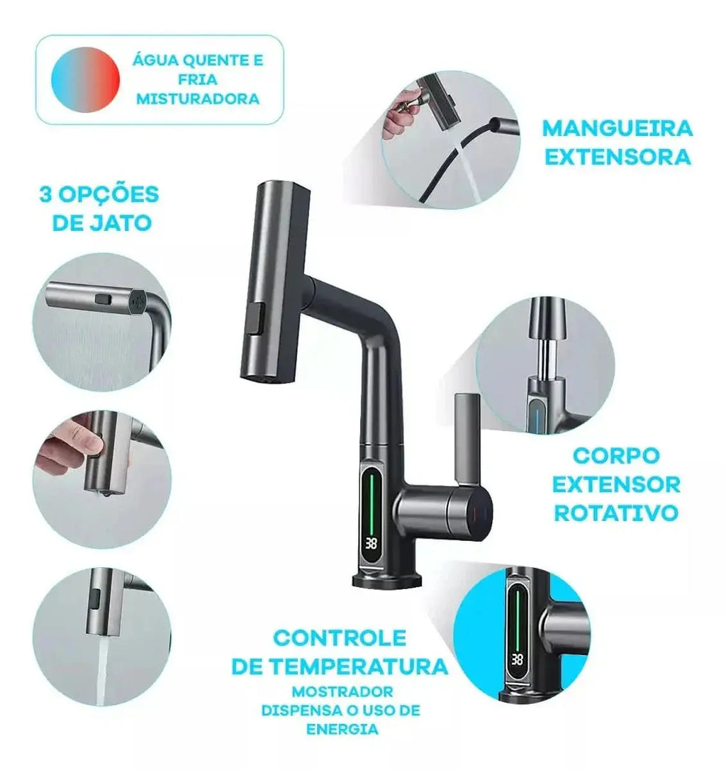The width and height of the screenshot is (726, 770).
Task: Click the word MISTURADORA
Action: click(x=198, y=99)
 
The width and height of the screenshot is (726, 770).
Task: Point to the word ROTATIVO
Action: click(x=616, y=513)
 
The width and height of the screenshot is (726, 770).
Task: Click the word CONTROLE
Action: click(x=340, y=637)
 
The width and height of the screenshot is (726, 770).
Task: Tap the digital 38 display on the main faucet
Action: click(x=373, y=544)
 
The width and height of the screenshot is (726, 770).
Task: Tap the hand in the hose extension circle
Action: click(x=400, y=112)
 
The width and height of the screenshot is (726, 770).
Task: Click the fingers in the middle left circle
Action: click(x=67, y=450)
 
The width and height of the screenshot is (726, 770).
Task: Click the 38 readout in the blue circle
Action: click(x=517, y=660)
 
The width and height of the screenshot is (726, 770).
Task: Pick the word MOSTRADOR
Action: click(x=341, y=691)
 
